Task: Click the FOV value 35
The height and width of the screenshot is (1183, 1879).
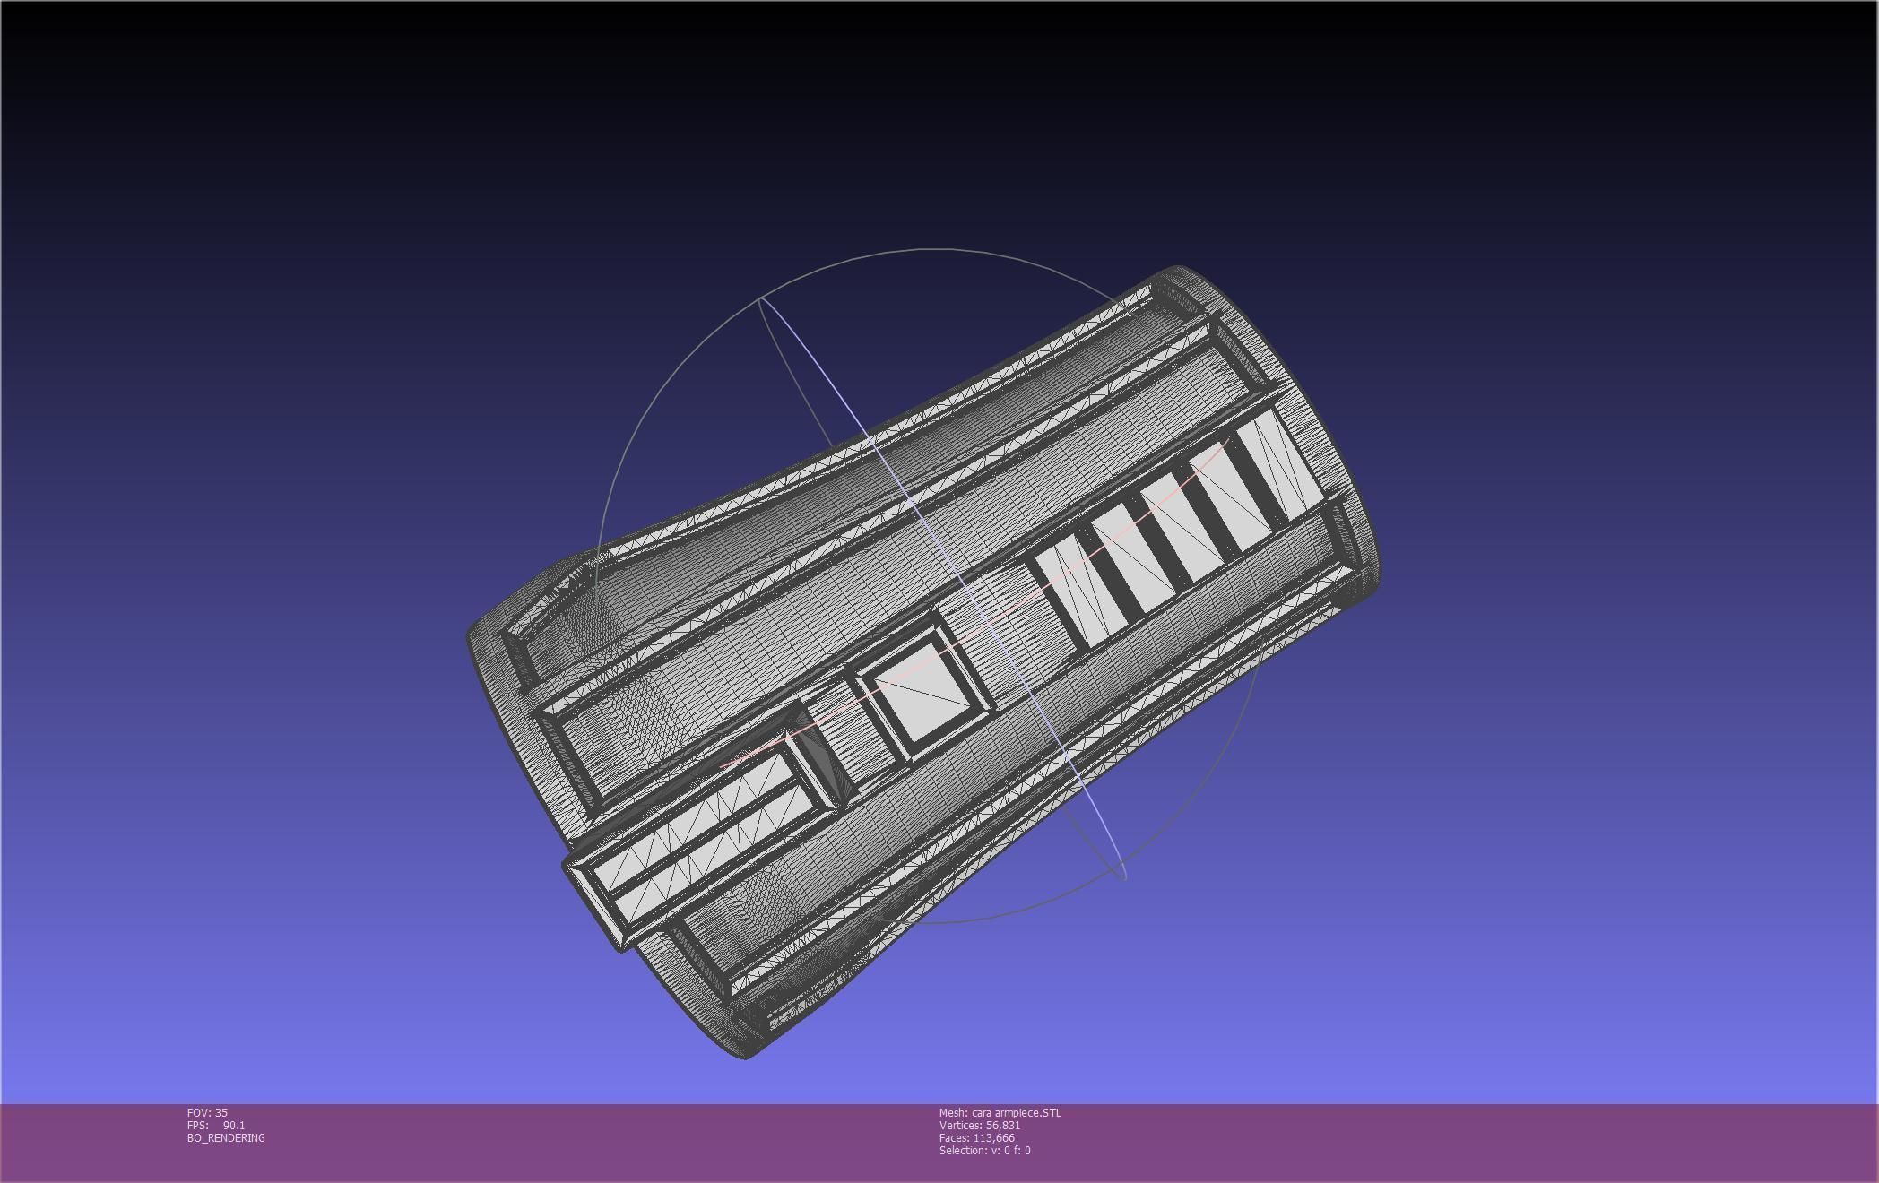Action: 221,1113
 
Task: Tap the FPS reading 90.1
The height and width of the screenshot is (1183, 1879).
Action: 234,1126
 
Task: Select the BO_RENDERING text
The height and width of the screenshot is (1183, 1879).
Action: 226,1138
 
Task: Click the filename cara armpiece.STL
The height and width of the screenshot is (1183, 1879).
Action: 1016,1113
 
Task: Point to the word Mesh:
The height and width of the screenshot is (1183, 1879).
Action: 953,1113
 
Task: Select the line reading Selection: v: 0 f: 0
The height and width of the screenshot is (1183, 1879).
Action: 984,1151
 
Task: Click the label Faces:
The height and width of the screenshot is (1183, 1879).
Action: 954,1138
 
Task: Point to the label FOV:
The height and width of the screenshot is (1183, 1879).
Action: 199,1113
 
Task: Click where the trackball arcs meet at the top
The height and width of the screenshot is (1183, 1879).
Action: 760,298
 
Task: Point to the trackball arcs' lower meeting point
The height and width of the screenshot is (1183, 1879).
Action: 1123,876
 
